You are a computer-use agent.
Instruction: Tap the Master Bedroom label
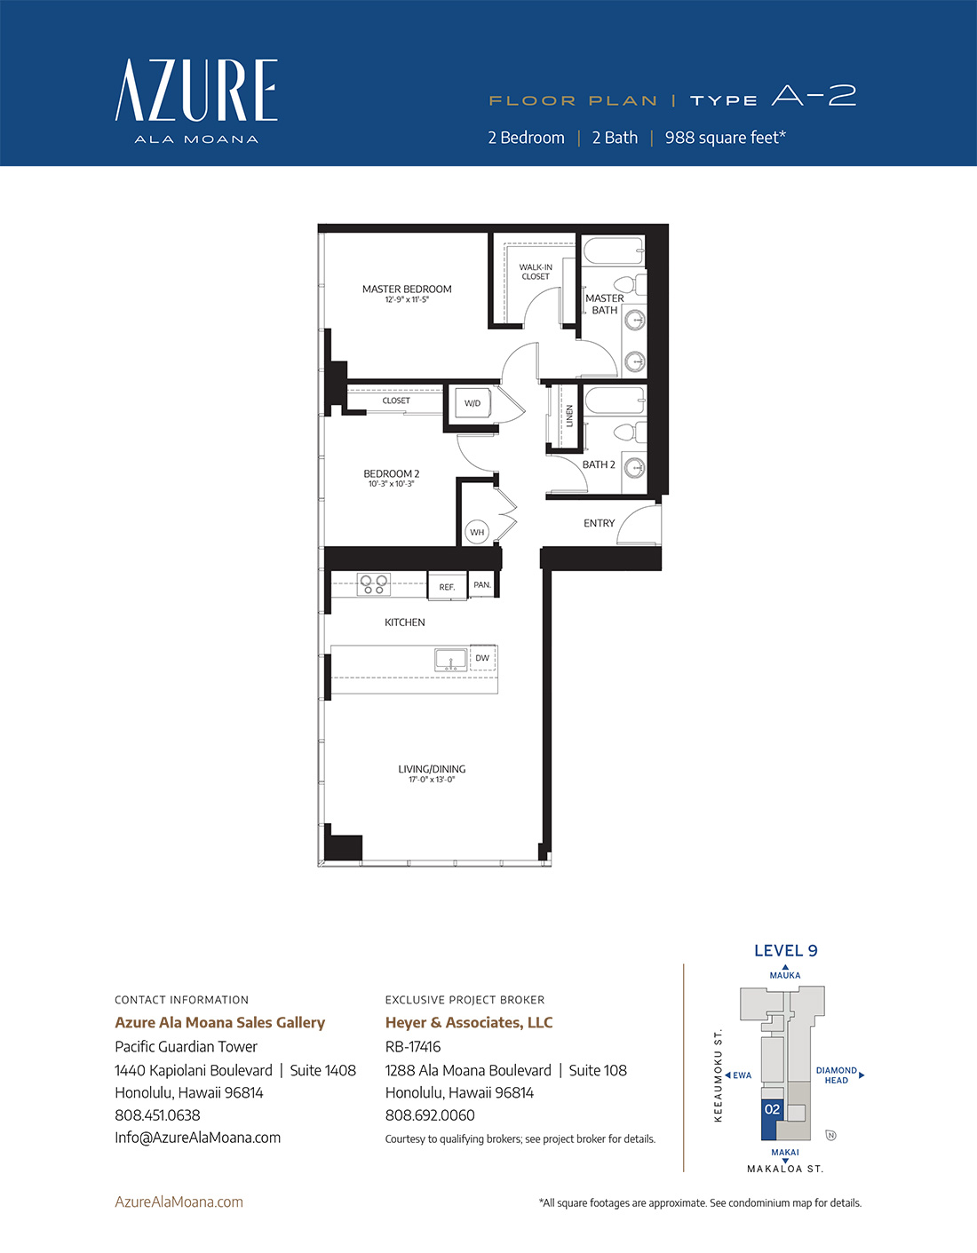tap(407, 289)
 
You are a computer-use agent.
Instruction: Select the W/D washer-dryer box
tap(473, 403)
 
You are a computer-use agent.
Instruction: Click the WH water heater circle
tap(477, 532)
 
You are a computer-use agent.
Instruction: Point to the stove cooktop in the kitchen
tap(373, 583)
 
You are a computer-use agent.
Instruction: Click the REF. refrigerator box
tap(447, 586)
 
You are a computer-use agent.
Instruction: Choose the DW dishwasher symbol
tap(483, 657)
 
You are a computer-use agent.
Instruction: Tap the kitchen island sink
tap(450, 660)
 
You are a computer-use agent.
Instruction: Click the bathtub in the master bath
tap(613, 250)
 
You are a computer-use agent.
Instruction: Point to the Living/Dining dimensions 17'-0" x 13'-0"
tap(432, 780)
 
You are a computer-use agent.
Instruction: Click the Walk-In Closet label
tap(536, 272)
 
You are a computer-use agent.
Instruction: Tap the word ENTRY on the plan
tap(600, 523)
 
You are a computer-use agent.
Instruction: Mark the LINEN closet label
tap(570, 416)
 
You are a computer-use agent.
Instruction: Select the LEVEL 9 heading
tap(786, 951)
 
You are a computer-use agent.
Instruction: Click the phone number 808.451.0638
tap(157, 1115)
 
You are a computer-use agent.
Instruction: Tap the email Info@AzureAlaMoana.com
tap(198, 1138)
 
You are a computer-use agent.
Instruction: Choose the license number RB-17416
tap(413, 1047)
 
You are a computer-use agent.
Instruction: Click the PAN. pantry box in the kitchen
tap(482, 584)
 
